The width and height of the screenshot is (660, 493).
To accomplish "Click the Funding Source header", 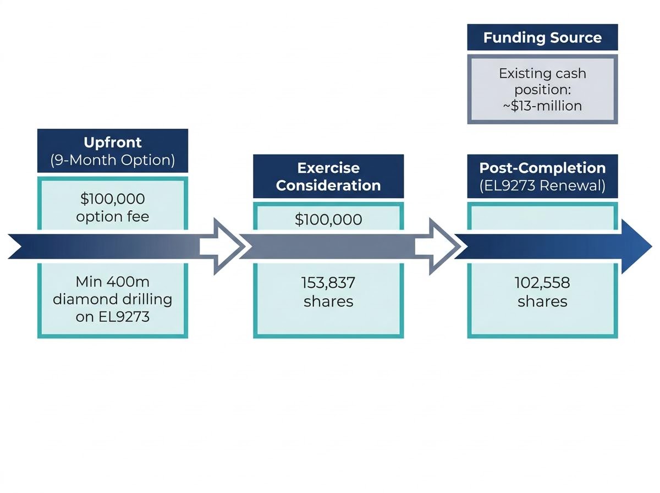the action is point(542,37).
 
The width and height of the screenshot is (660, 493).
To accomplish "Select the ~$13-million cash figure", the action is point(542,106).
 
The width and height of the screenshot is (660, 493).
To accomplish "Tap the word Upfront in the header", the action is point(112,143).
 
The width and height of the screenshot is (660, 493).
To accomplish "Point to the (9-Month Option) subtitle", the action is point(112,160).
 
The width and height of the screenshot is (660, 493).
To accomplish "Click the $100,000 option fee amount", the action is point(112,199).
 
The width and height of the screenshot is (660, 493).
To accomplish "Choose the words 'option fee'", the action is point(112,217).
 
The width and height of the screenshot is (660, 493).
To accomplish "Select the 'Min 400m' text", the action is point(112,282).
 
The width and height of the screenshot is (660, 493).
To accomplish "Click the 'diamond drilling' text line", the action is point(112,299).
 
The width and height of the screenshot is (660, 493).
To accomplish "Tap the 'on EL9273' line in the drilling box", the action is point(112,317).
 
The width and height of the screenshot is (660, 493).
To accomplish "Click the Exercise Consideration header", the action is point(328,176).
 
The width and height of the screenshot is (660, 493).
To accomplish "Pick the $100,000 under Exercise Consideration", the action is point(328,220).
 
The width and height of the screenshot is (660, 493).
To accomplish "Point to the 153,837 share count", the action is point(328,283).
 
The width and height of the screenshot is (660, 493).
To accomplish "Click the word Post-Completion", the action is point(542,168).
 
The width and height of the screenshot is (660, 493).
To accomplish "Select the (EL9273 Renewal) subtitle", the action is point(542,185).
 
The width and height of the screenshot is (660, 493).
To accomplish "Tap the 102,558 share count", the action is point(542,283).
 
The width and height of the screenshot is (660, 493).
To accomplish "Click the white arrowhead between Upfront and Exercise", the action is point(224,246).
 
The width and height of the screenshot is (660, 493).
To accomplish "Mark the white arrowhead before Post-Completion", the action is point(439,246).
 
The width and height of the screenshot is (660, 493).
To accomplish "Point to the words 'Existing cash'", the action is point(542,73).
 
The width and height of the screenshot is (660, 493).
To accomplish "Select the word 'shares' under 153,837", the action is point(328,301).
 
